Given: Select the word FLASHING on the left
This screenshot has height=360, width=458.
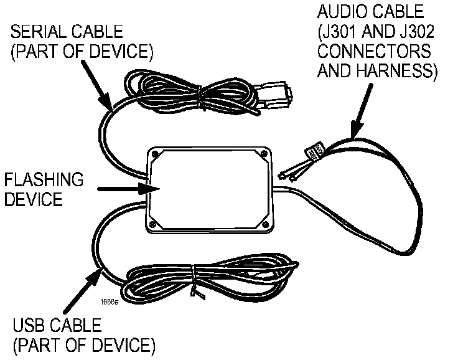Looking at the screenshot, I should click(x=44, y=181).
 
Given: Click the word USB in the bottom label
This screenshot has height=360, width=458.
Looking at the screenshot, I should click(x=27, y=324).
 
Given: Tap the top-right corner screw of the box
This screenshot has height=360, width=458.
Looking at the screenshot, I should click(x=265, y=153).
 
